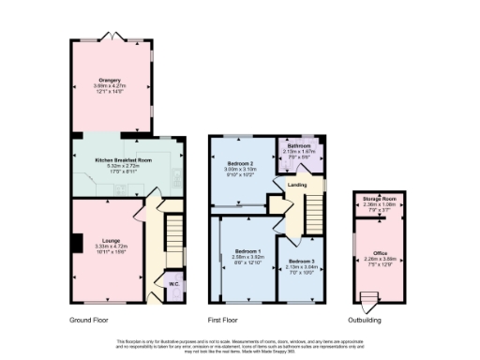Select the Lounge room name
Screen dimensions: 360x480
(109, 240)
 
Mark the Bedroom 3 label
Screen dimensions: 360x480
(301, 261)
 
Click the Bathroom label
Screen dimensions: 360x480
(299, 146)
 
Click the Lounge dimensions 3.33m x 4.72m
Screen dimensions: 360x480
(109, 247)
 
